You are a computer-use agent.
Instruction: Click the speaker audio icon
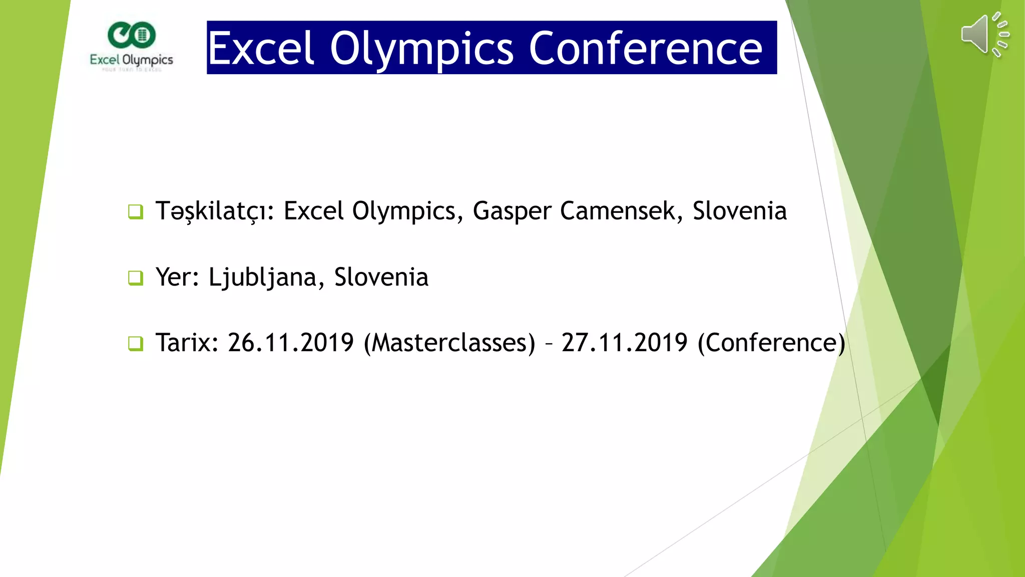[x=984, y=35]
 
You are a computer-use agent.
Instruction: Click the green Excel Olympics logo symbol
[x=132, y=35]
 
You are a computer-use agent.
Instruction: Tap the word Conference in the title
[x=645, y=49]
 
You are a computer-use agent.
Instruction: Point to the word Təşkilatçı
[x=215, y=211]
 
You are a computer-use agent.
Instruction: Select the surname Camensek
[x=621, y=211]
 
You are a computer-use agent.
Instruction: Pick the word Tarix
[x=187, y=343]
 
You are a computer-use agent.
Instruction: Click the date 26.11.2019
[x=290, y=343]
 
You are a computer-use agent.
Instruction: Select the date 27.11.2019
[x=624, y=343]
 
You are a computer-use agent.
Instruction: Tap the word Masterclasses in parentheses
[x=449, y=344]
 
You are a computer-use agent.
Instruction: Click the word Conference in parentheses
[x=771, y=344]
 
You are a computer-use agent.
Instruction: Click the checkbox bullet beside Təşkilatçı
[x=136, y=212]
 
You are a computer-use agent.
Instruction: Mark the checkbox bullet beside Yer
[x=136, y=278]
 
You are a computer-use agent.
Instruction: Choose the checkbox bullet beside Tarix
[x=136, y=344]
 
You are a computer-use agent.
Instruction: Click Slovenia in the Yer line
[x=381, y=277]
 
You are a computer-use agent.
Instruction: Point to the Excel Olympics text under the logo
[x=132, y=60]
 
